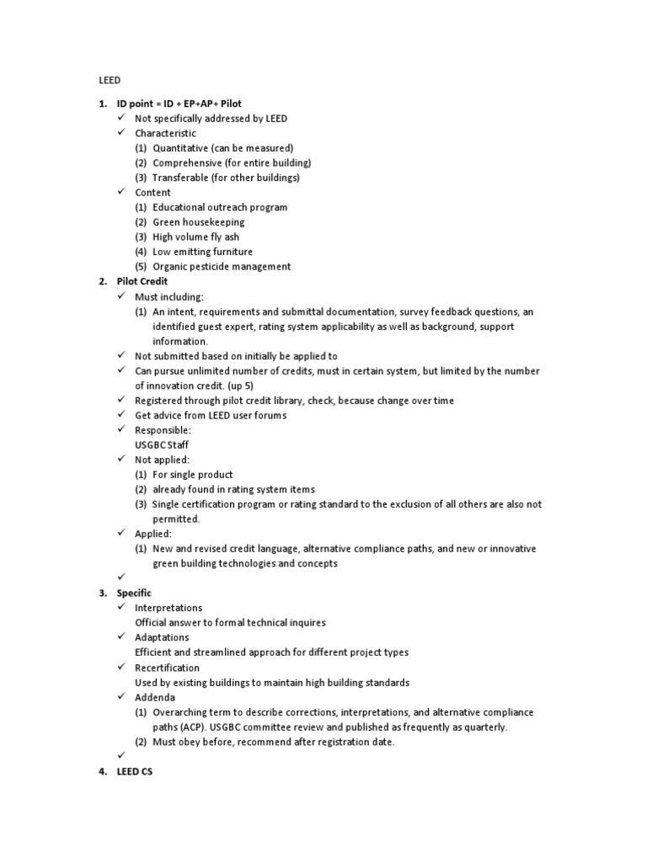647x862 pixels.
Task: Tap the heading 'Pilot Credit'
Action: point(142,281)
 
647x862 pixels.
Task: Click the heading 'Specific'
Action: point(134,593)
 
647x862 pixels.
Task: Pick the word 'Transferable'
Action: point(182,178)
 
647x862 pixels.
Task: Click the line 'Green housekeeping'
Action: point(199,222)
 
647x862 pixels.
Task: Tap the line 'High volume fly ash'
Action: point(196,237)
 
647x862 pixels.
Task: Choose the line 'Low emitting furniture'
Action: point(202,252)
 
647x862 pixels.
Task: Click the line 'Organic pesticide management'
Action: point(222,267)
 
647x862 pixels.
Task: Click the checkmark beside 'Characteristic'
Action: point(122,133)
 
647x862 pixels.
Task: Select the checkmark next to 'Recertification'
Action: point(122,668)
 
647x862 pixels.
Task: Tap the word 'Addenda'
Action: point(155,698)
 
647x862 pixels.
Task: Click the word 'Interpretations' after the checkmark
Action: point(168,608)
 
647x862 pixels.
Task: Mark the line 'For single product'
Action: point(193,475)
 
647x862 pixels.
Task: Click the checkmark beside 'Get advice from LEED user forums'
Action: point(122,415)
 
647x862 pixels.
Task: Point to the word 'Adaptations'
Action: point(162,637)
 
